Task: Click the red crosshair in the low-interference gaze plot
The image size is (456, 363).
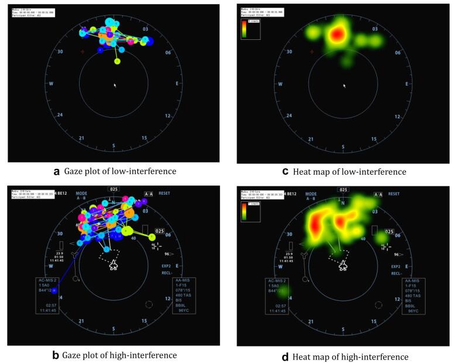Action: (x=83, y=52)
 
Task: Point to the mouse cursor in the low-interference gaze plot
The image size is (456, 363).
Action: (x=115, y=86)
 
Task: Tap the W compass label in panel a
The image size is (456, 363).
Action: (x=52, y=84)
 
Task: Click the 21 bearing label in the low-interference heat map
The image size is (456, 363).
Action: (x=311, y=138)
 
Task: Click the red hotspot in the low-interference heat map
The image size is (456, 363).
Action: (x=336, y=35)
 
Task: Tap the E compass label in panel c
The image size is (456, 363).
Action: (x=406, y=84)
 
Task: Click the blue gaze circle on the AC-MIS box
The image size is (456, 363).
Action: (x=54, y=290)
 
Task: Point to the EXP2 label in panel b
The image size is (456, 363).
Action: (x=167, y=266)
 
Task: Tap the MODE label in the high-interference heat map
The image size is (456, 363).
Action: (x=311, y=193)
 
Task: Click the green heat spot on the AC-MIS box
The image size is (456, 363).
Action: (x=282, y=290)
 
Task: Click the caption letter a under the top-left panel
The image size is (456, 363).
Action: (x=57, y=171)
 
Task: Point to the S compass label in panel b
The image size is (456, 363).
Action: (x=114, y=328)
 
